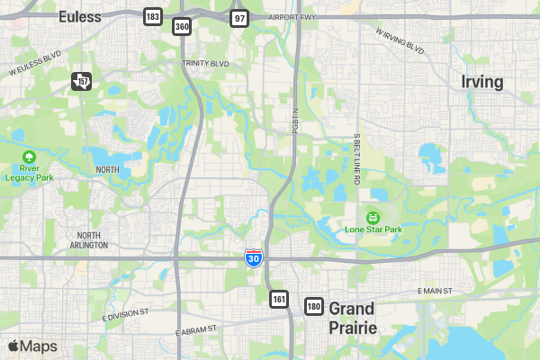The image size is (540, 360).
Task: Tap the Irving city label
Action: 481,82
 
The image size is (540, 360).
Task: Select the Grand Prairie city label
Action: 352,318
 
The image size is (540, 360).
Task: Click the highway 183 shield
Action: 153,17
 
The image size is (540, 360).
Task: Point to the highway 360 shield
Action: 183,27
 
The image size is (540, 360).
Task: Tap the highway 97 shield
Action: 238,18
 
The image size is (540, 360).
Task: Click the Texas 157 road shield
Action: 82,82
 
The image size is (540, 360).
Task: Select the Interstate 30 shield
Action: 255,258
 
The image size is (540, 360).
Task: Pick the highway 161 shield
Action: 279,298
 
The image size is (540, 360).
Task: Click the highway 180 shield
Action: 313,307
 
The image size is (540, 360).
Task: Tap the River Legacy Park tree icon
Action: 29,157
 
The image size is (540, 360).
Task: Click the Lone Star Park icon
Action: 373,217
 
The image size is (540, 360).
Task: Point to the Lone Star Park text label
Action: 373,229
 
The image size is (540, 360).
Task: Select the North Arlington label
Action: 88,240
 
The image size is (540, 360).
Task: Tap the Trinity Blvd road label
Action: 205,63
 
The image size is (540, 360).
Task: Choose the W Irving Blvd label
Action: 401,42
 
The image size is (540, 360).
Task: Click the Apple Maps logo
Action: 32,346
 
